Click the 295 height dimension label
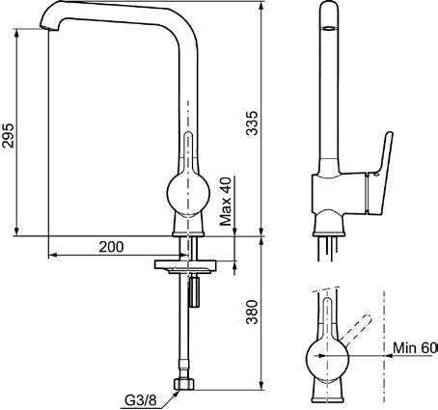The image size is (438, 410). click(x=8, y=135)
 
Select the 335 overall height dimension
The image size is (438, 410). click(x=252, y=123)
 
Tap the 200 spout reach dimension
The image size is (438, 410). click(x=111, y=247)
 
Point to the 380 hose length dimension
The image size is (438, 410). click(x=252, y=312)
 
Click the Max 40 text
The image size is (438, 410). click(x=226, y=202)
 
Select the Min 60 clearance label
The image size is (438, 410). click(x=415, y=347)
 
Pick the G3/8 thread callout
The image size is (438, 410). click(x=140, y=400)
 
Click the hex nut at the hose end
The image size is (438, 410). click(x=184, y=384)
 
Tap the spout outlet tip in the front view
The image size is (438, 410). click(x=49, y=28)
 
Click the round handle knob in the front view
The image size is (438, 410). click(x=188, y=193)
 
